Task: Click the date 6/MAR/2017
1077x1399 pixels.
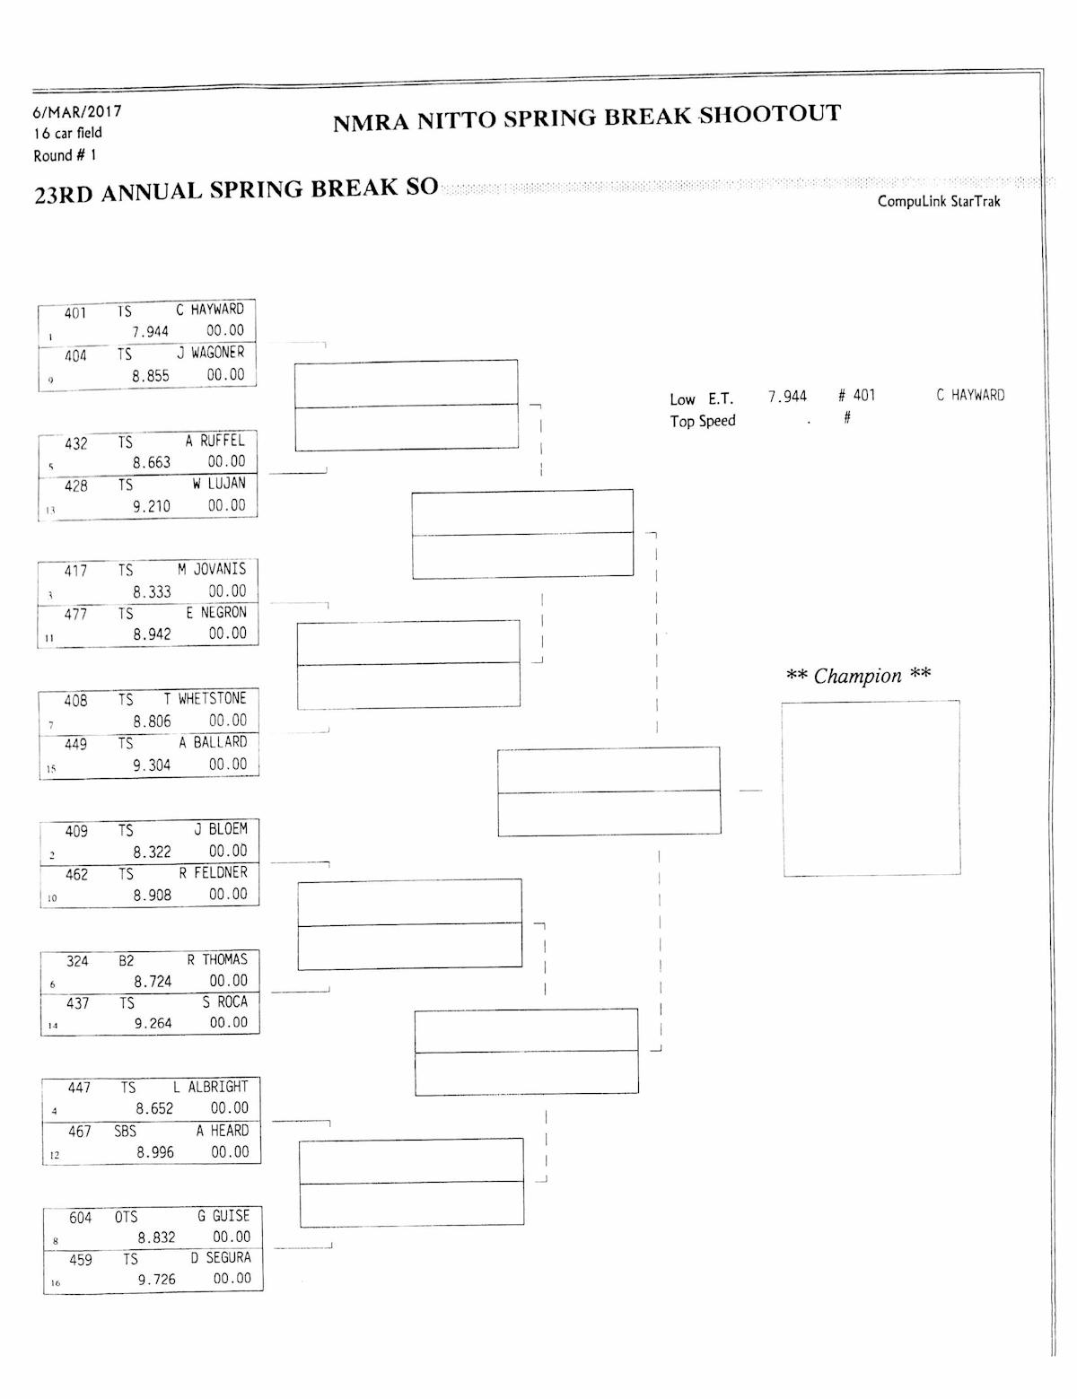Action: pyautogui.click(x=77, y=112)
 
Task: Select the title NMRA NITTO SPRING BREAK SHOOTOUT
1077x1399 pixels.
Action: pyautogui.click(x=587, y=118)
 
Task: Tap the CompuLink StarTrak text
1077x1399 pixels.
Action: pyautogui.click(x=939, y=201)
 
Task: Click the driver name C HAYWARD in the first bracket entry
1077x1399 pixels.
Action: pyautogui.click(x=210, y=310)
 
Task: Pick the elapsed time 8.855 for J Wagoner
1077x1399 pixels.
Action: pyautogui.click(x=151, y=376)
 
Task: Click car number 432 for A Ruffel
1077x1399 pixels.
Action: pyautogui.click(x=76, y=443)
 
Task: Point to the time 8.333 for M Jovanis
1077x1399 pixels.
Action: pyautogui.click(x=152, y=591)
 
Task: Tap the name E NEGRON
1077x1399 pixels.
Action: pyautogui.click(x=216, y=612)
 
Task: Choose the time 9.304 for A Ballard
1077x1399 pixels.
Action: pyautogui.click(x=152, y=765)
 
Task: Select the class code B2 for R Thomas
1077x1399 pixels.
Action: pyautogui.click(x=127, y=960)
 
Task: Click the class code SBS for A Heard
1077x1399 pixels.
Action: pyautogui.click(x=126, y=1132)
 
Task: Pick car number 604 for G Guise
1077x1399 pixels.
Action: pyautogui.click(x=81, y=1218)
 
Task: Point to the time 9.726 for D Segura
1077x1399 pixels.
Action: pyautogui.click(x=156, y=1280)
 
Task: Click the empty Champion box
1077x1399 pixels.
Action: pyautogui.click(x=871, y=788)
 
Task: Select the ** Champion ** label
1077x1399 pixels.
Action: pyautogui.click(x=858, y=676)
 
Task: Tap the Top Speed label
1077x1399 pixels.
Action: pyautogui.click(x=702, y=421)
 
